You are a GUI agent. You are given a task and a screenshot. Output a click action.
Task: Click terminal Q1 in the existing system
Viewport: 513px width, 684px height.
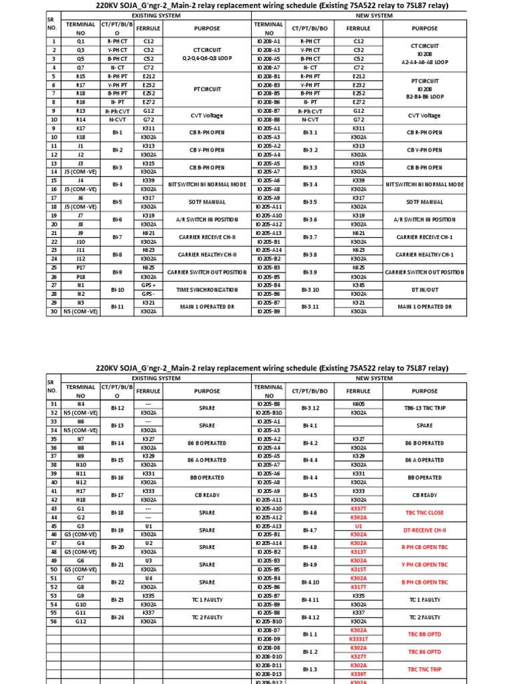[80, 41]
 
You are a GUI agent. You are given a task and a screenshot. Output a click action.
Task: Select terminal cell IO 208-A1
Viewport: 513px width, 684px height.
[269, 41]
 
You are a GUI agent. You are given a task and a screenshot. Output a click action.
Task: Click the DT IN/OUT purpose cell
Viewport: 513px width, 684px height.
[425, 289]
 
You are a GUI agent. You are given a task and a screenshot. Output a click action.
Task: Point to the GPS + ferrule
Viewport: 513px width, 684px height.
[148, 285]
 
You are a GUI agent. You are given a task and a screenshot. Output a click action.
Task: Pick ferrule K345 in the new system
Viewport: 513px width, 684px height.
[358, 285]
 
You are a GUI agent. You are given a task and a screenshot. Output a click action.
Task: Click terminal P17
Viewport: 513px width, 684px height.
[80, 268]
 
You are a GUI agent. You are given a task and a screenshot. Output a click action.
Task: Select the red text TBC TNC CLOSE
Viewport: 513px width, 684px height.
[425, 512]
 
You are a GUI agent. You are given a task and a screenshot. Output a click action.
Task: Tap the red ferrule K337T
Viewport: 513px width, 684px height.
[358, 508]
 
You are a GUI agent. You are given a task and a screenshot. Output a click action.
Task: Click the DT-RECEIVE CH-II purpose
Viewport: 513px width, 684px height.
[425, 530]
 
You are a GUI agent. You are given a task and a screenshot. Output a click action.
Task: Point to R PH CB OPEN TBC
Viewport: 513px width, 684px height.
[425, 547]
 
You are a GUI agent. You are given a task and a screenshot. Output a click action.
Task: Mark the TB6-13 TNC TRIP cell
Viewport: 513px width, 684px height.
[425, 408]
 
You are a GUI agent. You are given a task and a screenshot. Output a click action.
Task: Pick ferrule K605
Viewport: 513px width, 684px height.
[358, 404]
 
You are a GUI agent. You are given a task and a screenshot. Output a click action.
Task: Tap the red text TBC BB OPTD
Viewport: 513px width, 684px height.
[425, 634]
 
